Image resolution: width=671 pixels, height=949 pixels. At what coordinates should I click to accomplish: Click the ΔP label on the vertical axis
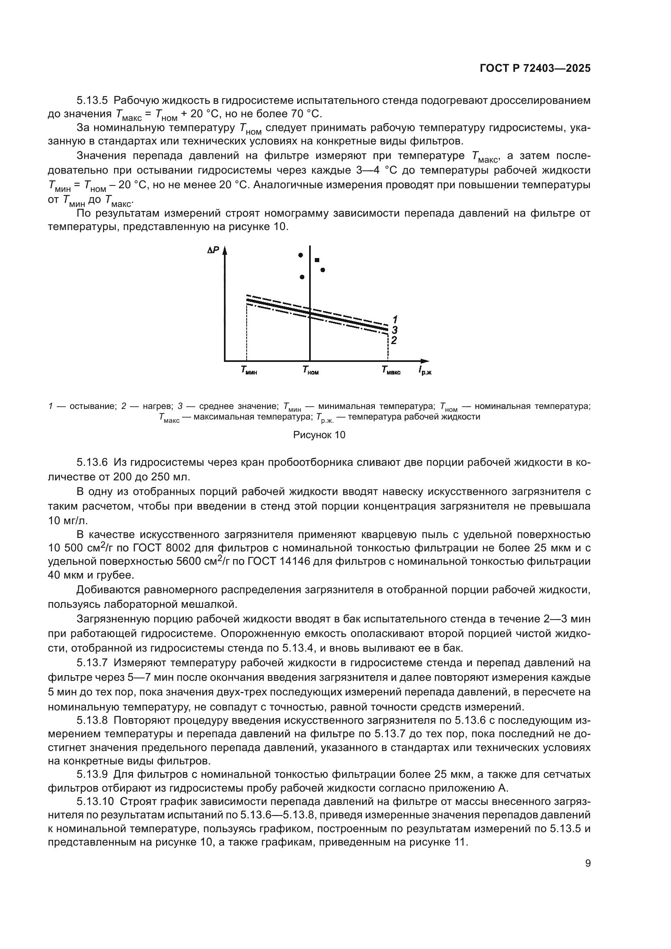click(x=213, y=250)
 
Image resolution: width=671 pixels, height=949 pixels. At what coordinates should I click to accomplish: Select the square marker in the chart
click(x=317, y=260)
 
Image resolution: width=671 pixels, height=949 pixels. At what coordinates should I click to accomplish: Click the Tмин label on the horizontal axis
click(x=249, y=370)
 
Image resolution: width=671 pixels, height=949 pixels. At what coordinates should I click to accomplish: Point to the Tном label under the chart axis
click(x=310, y=370)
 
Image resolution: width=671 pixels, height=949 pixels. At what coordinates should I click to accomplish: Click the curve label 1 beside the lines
click(x=395, y=319)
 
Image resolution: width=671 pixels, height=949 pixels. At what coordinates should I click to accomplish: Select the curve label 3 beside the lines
click(x=395, y=330)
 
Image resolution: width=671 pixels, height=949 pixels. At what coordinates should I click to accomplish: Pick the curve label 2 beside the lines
click(x=394, y=340)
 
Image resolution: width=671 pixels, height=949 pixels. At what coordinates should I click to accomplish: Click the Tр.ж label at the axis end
click(x=424, y=371)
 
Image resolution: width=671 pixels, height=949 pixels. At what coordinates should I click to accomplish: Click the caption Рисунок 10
click(x=319, y=435)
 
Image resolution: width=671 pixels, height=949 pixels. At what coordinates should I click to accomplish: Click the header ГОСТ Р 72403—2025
click(x=535, y=69)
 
